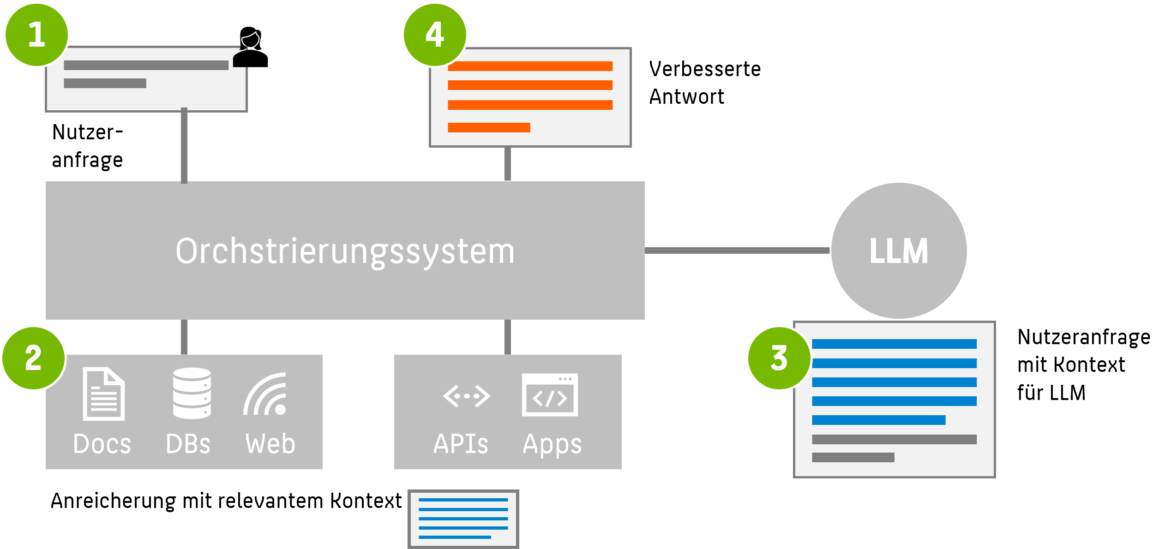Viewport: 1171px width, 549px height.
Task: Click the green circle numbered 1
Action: point(36,35)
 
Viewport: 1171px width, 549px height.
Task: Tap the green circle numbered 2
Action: point(34,358)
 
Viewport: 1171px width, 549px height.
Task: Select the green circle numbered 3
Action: point(779,358)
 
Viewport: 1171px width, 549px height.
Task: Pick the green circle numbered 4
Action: point(435,35)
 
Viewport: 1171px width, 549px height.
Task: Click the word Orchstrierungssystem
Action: point(345,251)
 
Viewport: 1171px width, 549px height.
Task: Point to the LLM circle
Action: point(899,251)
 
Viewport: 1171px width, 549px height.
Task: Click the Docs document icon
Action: point(103,394)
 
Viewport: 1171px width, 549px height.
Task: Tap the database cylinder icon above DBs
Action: point(192,393)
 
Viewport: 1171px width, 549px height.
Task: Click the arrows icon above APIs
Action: point(466,396)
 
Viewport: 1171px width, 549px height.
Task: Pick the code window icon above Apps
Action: point(550,395)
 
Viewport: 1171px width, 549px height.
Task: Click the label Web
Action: point(270,444)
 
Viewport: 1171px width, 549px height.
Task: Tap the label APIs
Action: point(461,444)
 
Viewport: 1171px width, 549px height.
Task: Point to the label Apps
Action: point(552,445)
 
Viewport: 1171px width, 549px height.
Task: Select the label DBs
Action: point(188,444)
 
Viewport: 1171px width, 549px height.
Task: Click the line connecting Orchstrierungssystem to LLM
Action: point(737,251)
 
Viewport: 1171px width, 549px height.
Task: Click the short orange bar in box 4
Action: point(489,127)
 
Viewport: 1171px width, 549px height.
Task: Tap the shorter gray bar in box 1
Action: point(105,84)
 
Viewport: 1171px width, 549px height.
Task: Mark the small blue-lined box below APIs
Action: point(463,519)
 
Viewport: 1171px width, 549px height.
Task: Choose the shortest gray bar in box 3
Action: point(853,457)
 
